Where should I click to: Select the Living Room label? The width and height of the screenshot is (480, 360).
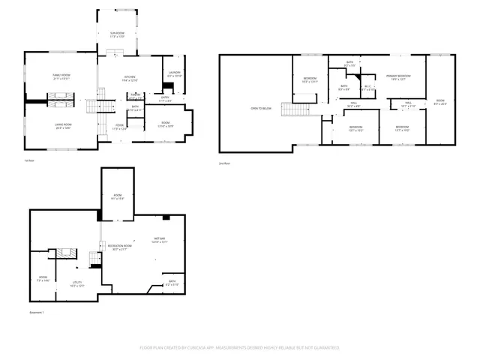pos(62,125)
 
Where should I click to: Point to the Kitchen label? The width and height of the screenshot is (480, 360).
pos(129,78)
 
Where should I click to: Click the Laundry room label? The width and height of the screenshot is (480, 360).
pos(174,73)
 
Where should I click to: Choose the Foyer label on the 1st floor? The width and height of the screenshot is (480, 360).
pos(119,126)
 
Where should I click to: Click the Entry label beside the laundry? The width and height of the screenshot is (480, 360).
pos(165,97)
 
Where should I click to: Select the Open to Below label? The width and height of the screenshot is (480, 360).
pos(259,108)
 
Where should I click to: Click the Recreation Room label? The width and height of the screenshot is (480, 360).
pos(119,247)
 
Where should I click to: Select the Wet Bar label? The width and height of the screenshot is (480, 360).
pos(160,239)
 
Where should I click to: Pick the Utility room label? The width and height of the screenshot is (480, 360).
pos(76,283)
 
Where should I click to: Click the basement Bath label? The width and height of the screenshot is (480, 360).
pos(172,282)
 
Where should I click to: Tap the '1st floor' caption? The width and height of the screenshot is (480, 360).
pos(28,160)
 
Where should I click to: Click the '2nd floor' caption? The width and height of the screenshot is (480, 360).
pos(223,162)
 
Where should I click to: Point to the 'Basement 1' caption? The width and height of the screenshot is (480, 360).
pos(37,312)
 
